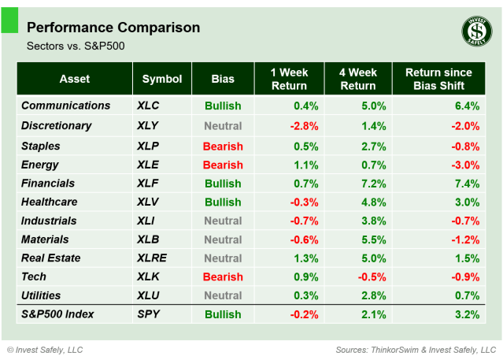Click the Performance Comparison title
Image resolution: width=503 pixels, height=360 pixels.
(113, 28)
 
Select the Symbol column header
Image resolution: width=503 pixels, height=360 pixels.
(162, 79)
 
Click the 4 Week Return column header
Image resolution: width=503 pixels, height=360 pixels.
(357, 79)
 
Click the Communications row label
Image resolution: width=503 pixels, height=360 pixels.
(66, 106)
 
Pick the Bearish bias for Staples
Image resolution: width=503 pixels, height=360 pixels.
(223, 147)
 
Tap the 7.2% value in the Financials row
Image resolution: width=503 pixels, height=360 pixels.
(373, 184)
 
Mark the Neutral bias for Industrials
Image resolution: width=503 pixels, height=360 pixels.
(223, 221)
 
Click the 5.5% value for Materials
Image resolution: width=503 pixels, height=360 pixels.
(373, 239)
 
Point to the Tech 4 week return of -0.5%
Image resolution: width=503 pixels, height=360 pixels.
(371, 277)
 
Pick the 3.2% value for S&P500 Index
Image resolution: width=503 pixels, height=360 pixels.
(467, 314)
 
